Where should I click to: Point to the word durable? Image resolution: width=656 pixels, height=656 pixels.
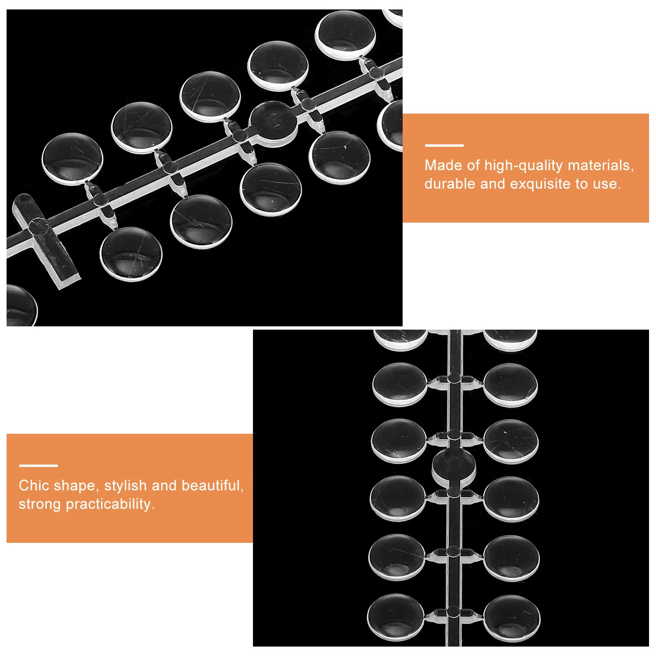pyautogui.click(x=450, y=184)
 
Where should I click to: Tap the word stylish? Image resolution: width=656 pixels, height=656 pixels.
pyautogui.click(x=125, y=486)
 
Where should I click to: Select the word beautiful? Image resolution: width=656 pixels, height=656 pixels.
pyautogui.click(x=212, y=486)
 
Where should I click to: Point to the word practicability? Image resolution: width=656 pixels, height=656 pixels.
pyautogui.click(x=110, y=504)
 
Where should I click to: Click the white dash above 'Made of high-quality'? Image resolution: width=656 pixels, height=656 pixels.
pyautogui.click(x=444, y=145)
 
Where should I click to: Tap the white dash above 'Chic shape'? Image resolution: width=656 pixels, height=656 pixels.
pyautogui.click(x=38, y=465)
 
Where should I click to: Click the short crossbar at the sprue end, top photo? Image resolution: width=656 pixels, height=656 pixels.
pyautogui.click(x=45, y=241)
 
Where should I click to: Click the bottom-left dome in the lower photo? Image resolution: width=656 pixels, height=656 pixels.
pyautogui.click(x=395, y=619)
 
